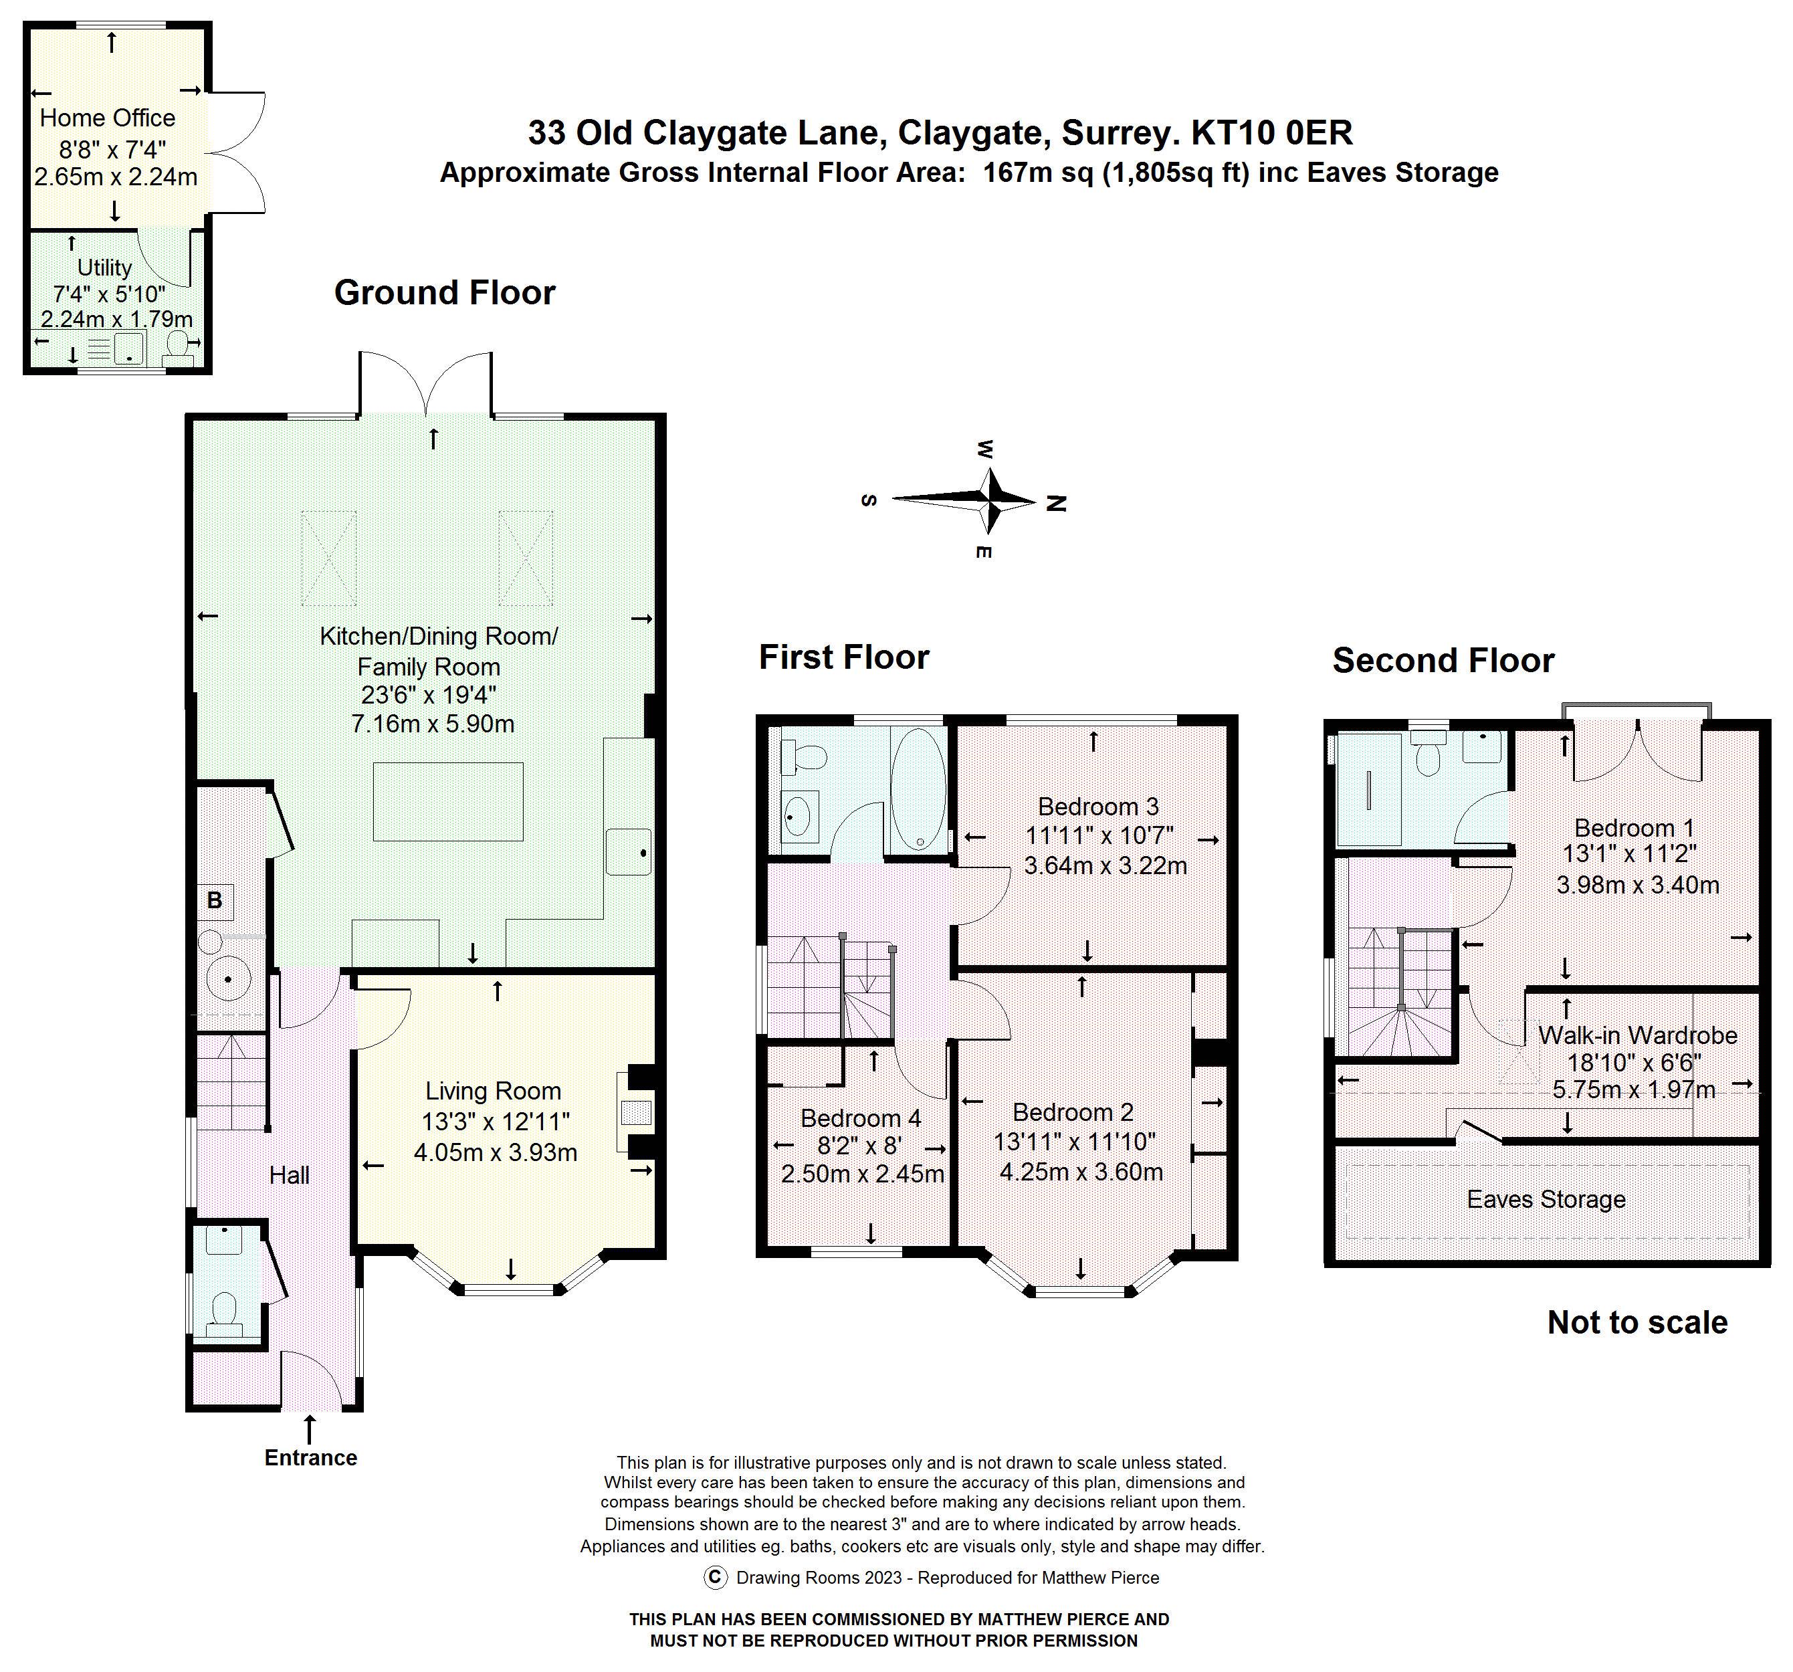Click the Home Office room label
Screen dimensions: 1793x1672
pos(107,118)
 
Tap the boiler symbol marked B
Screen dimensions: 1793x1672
pos(215,900)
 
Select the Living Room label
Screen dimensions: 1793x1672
pos(494,1091)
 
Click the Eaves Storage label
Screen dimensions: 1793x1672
pos(1546,1199)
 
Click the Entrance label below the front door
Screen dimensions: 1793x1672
pos(311,1458)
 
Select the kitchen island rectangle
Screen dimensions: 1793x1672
pos(448,802)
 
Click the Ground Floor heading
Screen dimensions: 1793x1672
pos(445,292)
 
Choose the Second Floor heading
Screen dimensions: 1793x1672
pos(1443,660)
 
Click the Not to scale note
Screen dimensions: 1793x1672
pos(1637,1323)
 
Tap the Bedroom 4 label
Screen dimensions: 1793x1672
pos(861,1119)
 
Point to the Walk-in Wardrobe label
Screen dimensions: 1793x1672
pos(1638,1035)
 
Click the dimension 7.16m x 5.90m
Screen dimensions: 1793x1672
pos(432,723)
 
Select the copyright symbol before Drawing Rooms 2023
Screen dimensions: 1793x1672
pos(714,1577)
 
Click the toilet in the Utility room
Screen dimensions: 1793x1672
pos(181,348)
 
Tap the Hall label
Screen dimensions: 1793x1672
pos(290,1175)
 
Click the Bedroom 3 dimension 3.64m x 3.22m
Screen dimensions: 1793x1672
pos(1105,865)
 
